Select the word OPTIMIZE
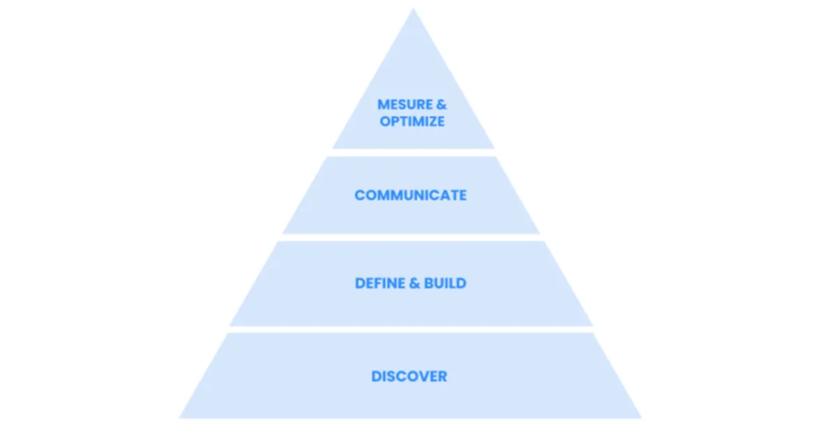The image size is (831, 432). tap(412, 121)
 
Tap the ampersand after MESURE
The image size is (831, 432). tap(441, 105)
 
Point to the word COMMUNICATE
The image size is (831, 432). tap(411, 195)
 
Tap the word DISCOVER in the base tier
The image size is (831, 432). tap(409, 376)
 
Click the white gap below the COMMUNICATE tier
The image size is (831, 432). tap(411, 238)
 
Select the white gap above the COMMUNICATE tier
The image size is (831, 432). tap(413, 152)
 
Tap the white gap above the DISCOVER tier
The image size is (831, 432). tap(411, 329)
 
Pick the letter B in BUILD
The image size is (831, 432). tap(431, 284)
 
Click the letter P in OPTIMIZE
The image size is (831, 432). tap(395, 121)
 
